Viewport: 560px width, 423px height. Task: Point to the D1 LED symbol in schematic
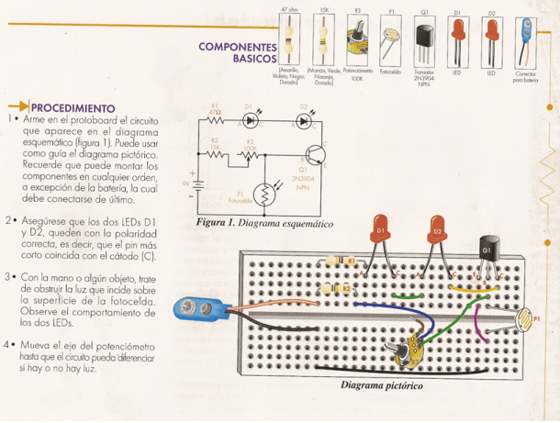(x=249, y=120)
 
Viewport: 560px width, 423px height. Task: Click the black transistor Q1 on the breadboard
(x=487, y=250)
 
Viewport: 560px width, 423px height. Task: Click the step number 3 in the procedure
(x=8, y=276)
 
